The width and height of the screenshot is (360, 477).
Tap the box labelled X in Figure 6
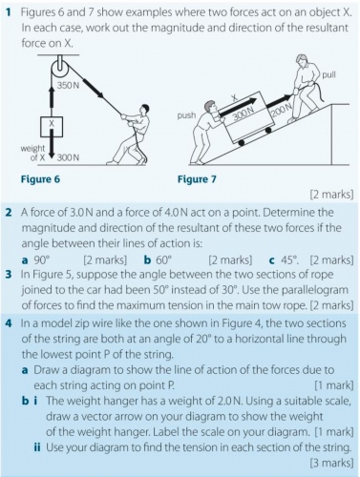coord(52,127)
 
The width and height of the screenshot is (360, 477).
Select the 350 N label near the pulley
coord(68,85)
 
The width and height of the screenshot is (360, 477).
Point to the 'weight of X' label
coord(32,153)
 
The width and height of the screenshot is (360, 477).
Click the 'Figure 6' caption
coord(40,179)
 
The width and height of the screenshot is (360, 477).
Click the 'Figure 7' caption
coord(197,179)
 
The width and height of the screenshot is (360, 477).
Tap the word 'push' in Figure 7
coord(186,115)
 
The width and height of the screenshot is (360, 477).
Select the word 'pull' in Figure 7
coord(328,75)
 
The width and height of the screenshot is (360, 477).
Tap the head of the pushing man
coord(210,107)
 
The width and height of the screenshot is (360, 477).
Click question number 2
coord(9,213)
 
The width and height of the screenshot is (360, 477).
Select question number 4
coord(9,323)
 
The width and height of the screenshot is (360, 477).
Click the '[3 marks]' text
coord(331,463)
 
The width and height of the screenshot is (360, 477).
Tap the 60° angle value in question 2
coord(163,260)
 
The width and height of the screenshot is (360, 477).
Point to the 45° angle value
coord(289,260)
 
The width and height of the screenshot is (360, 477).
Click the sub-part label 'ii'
coord(37,447)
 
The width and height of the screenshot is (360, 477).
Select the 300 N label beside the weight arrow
coord(68,157)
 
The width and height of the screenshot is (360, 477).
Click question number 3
coord(9,275)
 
